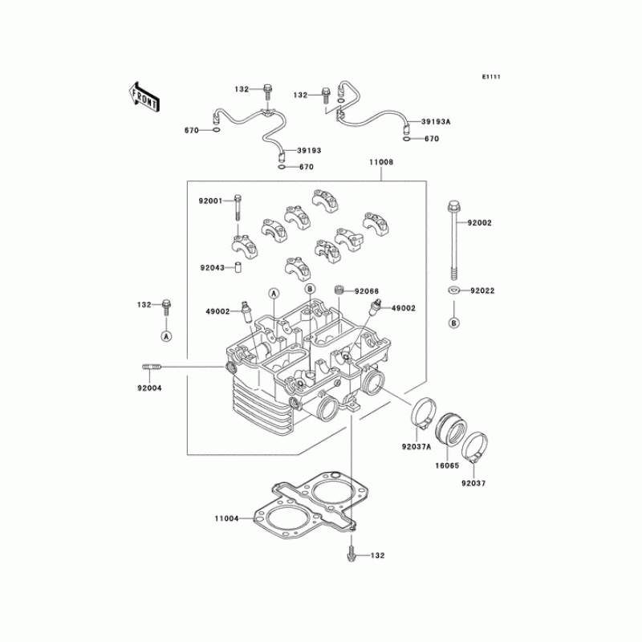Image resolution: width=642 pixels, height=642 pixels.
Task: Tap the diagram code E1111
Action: [491, 77]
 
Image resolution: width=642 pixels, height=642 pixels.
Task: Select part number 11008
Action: [381, 162]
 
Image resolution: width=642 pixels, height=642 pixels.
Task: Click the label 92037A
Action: [416, 446]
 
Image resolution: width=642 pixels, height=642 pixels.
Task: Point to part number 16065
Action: [449, 464]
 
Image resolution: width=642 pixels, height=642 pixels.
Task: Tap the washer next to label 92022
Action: [454, 290]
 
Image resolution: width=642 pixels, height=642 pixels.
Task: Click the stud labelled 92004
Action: [152, 368]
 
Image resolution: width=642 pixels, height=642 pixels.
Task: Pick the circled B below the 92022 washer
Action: [454, 323]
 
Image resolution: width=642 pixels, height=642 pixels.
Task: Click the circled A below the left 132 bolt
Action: [166, 336]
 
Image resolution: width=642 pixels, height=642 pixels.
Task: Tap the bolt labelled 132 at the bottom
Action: [351, 555]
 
